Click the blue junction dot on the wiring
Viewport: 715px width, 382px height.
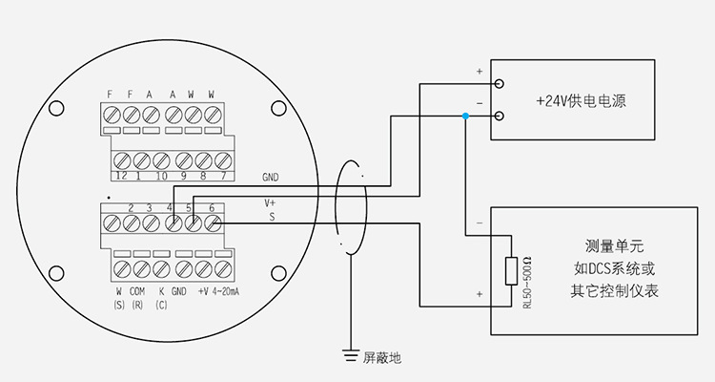(464, 117)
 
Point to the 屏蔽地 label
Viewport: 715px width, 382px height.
(381, 359)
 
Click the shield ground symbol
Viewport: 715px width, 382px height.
(350, 357)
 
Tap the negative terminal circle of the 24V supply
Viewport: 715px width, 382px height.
(501, 117)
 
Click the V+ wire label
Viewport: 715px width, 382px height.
(270, 202)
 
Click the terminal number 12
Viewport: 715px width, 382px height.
(121, 177)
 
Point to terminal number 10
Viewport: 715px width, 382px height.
(162, 177)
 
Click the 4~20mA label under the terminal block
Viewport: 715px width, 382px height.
(225, 291)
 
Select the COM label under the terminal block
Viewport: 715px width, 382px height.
(137, 291)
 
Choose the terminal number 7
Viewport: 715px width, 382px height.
(222, 177)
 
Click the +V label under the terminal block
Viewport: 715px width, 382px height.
(202, 291)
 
